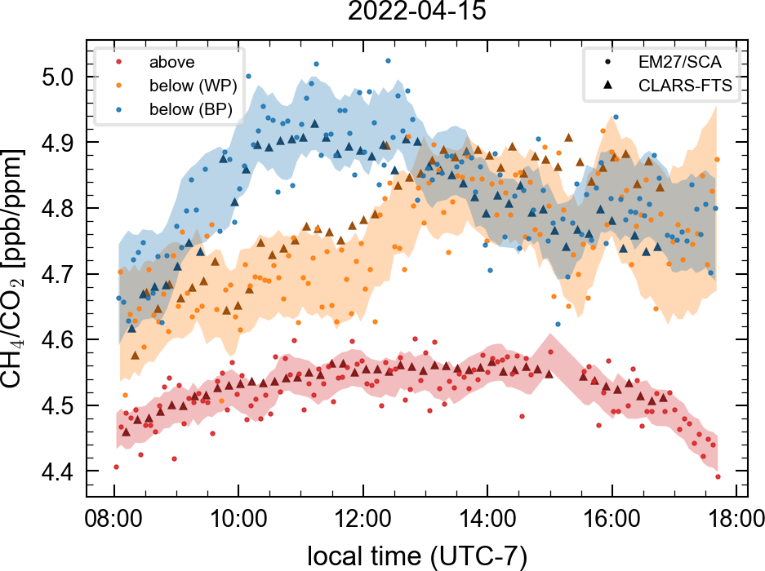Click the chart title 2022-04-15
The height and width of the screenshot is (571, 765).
[411, 12]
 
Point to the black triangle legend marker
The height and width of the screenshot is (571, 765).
[607, 84]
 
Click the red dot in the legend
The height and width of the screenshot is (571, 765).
[119, 61]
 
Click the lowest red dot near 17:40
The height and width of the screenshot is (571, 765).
[718, 476]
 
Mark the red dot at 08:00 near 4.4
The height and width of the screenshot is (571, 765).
[116, 467]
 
